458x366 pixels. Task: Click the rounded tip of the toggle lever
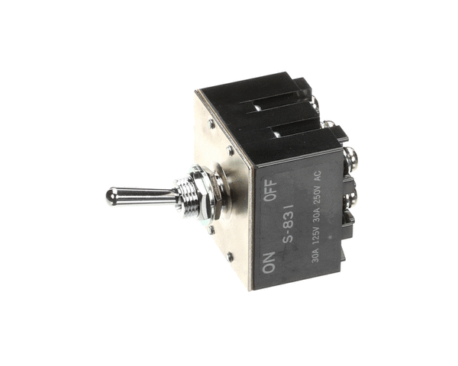tap(111, 197)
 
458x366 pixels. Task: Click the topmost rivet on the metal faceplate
tap(211, 123)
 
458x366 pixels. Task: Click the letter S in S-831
tap(289, 242)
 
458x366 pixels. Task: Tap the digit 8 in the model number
tap(289, 223)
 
